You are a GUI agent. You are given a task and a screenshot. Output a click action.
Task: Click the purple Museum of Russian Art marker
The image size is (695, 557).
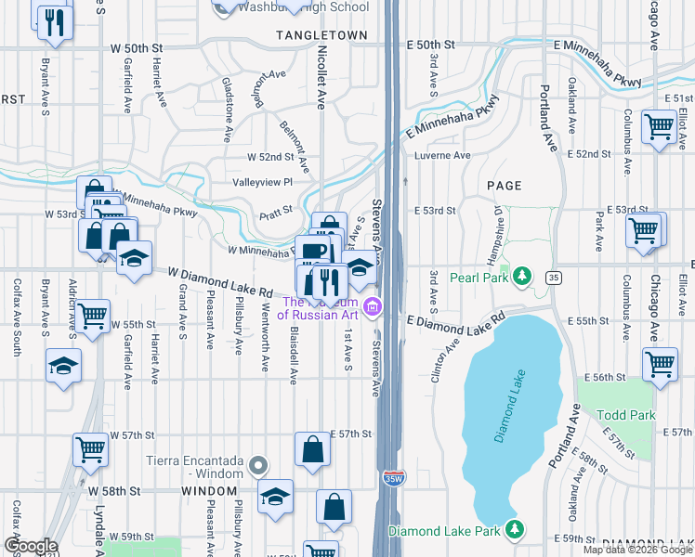point(373,305)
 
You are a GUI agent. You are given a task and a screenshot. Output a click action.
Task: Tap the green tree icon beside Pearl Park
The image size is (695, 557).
point(522,277)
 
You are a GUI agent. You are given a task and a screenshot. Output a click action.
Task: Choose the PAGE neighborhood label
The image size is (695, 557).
point(503,186)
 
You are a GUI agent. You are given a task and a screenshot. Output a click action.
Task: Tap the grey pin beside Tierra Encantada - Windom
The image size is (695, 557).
point(259,465)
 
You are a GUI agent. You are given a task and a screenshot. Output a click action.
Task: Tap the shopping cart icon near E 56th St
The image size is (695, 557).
point(661,365)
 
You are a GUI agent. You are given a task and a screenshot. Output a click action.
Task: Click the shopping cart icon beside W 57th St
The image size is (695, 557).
point(91,449)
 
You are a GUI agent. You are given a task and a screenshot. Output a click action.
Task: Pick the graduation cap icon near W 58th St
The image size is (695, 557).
point(275,497)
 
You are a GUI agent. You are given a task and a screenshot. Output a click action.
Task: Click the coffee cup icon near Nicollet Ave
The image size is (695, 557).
point(313,251)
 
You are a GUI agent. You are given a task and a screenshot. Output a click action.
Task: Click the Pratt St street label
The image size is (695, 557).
point(276,210)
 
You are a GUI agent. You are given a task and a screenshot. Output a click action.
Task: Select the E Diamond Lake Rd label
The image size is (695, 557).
point(455,318)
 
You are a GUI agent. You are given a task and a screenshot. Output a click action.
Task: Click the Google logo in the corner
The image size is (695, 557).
point(30,546)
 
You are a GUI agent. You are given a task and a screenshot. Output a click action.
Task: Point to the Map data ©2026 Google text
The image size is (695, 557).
point(637,550)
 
